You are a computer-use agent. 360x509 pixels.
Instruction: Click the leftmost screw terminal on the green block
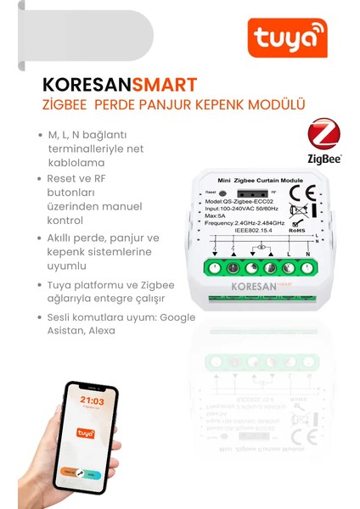[214, 268]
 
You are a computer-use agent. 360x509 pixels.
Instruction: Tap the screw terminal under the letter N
[308, 268]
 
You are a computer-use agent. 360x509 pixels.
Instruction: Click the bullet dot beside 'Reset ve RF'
[40, 179]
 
